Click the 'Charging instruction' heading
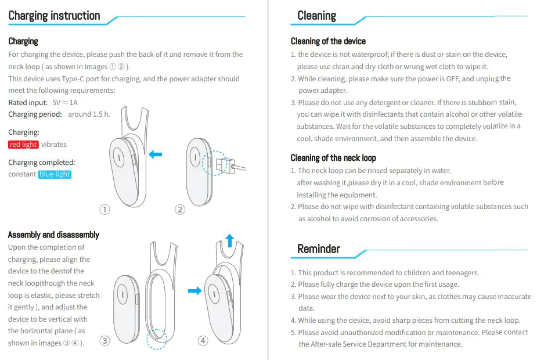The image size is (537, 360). pos(54,16)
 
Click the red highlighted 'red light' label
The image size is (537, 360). pos(23,145)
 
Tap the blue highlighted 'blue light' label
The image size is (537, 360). pos(55,174)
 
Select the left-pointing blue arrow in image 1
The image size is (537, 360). pos(155,154)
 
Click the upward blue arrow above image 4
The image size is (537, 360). pos(229,240)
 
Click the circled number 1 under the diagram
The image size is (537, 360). pos(104,210)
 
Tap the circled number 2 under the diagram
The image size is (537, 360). pos(180,210)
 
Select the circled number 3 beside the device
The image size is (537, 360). pos(104,341)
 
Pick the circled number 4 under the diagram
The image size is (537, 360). pos(203,341)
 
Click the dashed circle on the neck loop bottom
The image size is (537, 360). pos(157,340)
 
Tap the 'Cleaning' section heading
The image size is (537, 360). pos(316,16)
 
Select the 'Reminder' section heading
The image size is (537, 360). pos(318,249)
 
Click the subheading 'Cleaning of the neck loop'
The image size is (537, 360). pos(333,158)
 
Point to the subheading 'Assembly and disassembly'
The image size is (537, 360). pos(53,235)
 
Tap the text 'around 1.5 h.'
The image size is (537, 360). pos(89,114)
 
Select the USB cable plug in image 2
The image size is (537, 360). pos(230,167)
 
